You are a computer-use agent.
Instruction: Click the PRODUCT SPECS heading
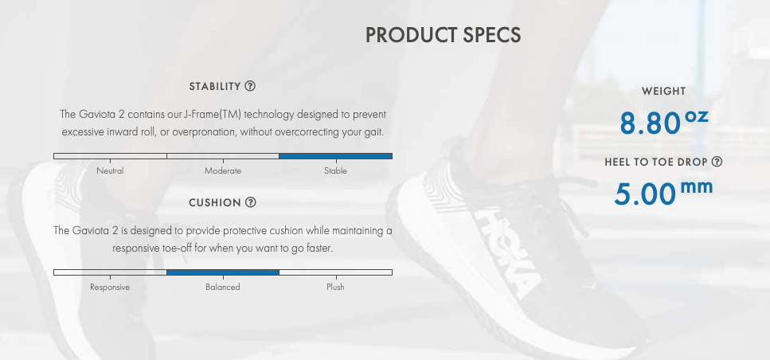click(443, 35)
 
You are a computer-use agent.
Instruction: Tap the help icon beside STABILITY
click(250, 87)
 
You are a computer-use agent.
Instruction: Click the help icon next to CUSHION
click(251, 202)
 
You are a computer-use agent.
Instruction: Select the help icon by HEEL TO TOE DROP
click(717, 162)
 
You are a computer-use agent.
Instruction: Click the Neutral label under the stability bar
click(110, 171)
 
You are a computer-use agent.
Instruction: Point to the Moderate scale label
click(223, 171)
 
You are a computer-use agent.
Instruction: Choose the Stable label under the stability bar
click(335, 171)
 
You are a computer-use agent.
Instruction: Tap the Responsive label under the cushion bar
click(110, 288)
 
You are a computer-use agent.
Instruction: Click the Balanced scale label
click(223, 288)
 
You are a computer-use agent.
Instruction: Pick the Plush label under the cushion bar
click(335, 288)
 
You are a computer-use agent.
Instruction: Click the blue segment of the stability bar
click(335, 156)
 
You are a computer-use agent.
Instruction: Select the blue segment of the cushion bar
click(223, 272)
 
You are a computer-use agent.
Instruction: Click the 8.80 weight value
click(650, 123)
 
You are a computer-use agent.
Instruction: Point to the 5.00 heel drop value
click(644, 194)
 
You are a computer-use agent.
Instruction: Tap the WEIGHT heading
click(663, 92)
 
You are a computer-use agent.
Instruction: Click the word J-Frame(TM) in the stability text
click(212, 115)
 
